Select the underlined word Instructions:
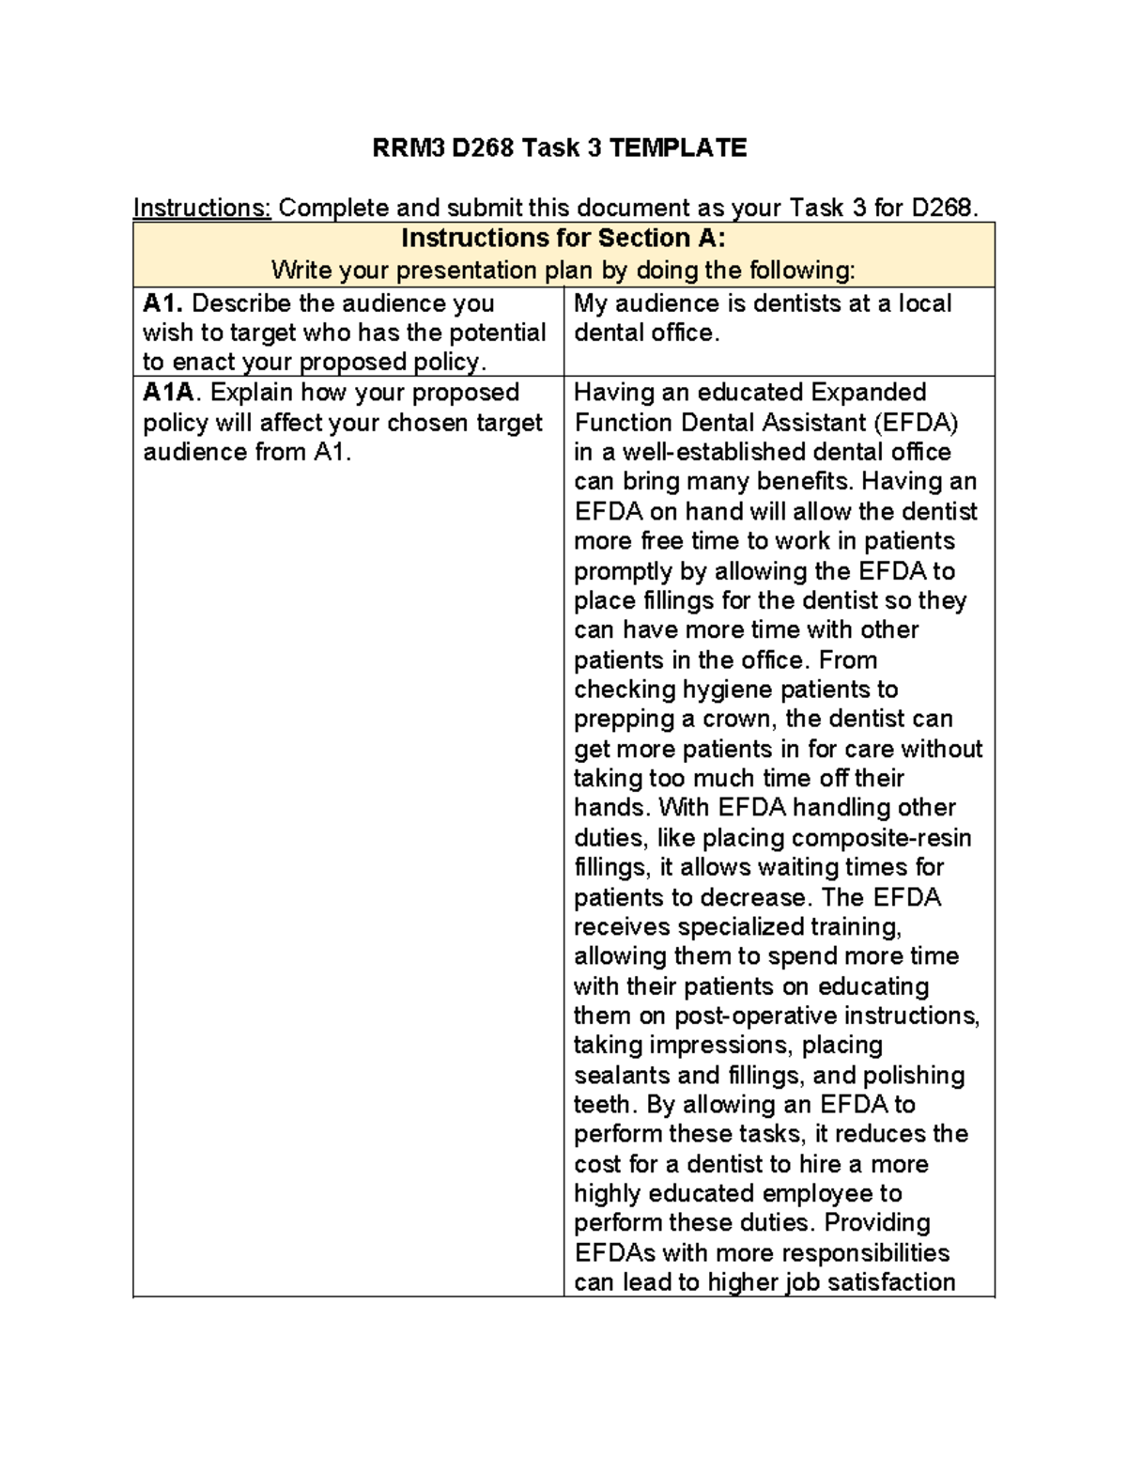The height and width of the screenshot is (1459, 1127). pos(202,208)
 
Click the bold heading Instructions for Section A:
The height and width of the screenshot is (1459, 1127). pos(563,238)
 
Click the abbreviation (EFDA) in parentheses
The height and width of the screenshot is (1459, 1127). pos(915,422)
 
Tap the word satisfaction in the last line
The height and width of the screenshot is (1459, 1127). pos(888,1282)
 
